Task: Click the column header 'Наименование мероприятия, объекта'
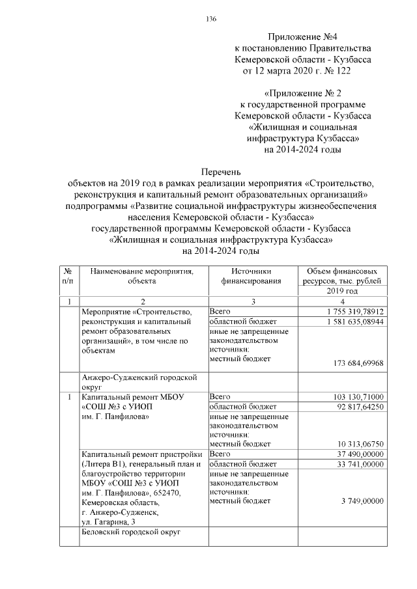pyautogui.click(x=142, y=276)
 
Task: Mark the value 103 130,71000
pyautogui.click(x=358, y=396)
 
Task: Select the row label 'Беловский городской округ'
pyautogui.click(x=130, y=532)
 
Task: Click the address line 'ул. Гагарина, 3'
pyautogui.click(x=108, y=522)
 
